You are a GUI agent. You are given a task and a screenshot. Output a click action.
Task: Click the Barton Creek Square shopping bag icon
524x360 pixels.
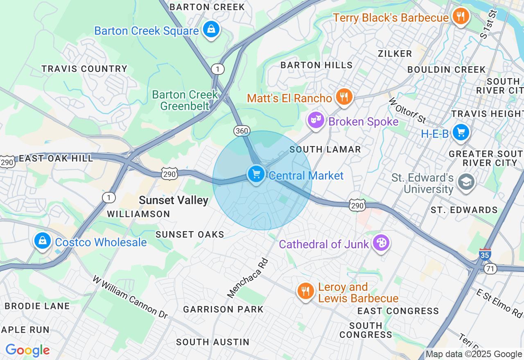coord(211,29)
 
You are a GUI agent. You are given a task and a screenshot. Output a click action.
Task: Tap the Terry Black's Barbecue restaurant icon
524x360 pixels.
coord(461,17)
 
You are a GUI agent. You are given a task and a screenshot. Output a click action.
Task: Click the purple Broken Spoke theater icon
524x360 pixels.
coord(316,121)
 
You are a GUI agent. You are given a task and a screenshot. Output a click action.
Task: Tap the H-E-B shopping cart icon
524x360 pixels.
coord(461,133)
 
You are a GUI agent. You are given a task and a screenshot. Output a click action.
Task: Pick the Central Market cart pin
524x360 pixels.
coord(256,174)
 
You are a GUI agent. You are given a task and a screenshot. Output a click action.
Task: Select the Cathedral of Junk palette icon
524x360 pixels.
coord(381,243)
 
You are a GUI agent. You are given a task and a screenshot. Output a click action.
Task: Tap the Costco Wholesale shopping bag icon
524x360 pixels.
coord(43,241)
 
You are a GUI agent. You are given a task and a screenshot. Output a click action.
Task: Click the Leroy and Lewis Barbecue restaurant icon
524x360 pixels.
coord(305,291)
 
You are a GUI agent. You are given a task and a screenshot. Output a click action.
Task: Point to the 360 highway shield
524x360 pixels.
coord(242,130)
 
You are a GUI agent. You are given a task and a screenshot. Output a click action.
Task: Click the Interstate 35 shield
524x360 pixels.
coord(485,254)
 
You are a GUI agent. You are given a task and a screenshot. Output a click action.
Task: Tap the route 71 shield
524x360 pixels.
coord(490,268)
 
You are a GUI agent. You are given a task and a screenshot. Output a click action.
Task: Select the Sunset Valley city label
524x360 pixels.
coord(174,200)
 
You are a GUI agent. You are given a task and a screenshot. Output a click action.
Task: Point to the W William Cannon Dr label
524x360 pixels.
coord(130,297)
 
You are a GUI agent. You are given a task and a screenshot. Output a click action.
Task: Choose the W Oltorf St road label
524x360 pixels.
coord(407,110)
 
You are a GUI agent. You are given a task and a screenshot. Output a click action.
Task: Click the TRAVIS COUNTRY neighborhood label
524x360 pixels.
coord(84,69)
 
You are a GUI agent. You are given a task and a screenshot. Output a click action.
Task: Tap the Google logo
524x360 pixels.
coord(27,350)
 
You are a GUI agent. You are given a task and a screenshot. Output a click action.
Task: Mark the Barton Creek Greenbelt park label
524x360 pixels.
coord(185,100)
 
